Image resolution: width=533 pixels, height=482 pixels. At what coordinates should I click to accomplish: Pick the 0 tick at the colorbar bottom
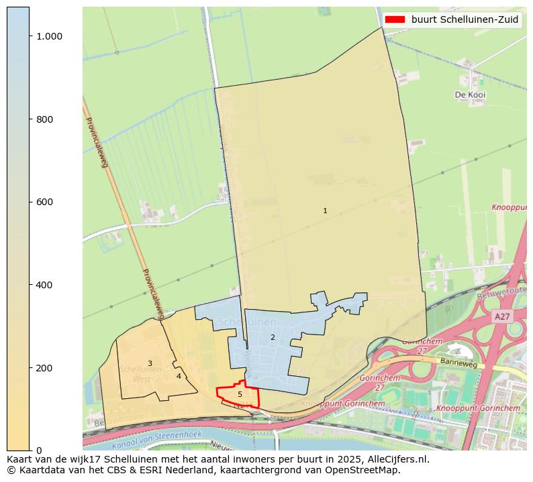(39, 450)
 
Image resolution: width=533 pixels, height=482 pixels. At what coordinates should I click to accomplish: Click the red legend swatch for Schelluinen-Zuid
(395, 19)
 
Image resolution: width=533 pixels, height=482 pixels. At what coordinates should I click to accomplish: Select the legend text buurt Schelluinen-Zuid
(465, 19)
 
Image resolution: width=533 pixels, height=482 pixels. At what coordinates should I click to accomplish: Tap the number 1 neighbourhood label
(325, 210)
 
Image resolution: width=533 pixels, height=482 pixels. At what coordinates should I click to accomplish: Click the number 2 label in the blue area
(273, 337)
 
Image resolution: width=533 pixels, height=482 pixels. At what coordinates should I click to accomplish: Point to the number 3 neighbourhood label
(150, 363)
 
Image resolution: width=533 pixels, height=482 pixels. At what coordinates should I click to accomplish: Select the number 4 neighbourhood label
(179, 376)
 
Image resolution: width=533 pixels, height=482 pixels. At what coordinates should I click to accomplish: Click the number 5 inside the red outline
(240, 394)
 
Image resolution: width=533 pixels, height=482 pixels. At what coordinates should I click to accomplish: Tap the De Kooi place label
(470, 95)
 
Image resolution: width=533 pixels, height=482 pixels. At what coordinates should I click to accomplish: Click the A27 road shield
(501, 316)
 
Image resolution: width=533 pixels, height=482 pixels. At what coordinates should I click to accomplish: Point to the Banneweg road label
(458, 362)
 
